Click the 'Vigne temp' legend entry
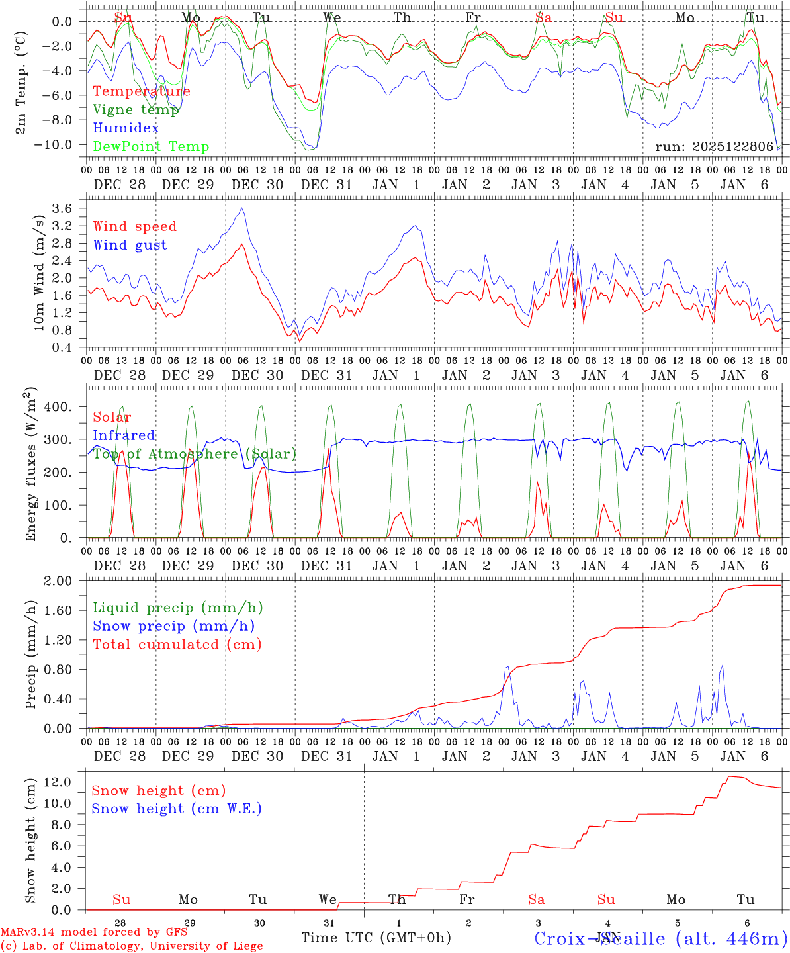coord(136,110)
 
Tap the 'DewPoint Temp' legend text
coord(151,147)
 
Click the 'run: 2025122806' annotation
coord(714,146)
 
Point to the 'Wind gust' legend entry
coord(130,245)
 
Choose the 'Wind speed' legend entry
coord(134,226)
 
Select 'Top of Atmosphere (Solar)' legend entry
coord(194,454)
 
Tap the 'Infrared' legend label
coord(124,435)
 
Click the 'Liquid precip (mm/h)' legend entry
coord(177,608)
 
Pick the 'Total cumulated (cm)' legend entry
coord(177,645)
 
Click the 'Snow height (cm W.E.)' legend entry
coord(176,809)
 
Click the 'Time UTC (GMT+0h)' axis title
coord(376,938)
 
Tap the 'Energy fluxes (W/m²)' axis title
coord(31,464)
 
